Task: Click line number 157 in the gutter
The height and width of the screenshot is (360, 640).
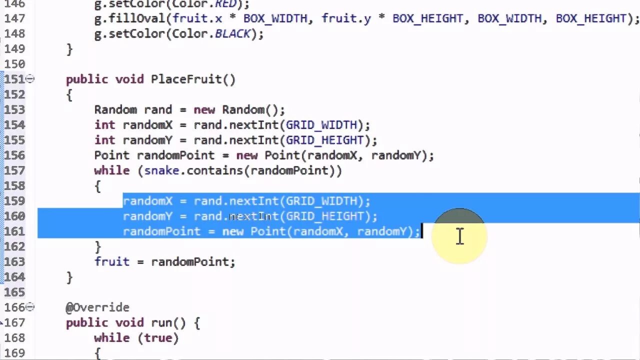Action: click(x=14, y=170)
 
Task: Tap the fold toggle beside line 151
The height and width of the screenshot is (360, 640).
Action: click(x=30, y=78)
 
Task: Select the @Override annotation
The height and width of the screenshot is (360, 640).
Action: click(x=97, y=307)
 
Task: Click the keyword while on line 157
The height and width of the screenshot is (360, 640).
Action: click(x=112, y=170)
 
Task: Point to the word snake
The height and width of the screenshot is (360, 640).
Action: click(x=161, y=170)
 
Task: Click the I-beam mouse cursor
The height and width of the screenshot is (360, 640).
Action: click(x=459, y=236)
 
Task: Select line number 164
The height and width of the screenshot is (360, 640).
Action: click(x=14, y=277)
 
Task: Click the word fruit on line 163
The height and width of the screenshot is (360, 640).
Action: click(x=112, y=261)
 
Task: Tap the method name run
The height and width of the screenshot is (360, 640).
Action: click(x=161, y=323)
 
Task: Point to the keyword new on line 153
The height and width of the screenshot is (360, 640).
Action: click(x=204, y=109)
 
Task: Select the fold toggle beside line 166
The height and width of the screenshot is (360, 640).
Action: click(x=30, y=306)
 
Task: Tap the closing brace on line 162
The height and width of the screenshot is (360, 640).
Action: click(x=97, y=246)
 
